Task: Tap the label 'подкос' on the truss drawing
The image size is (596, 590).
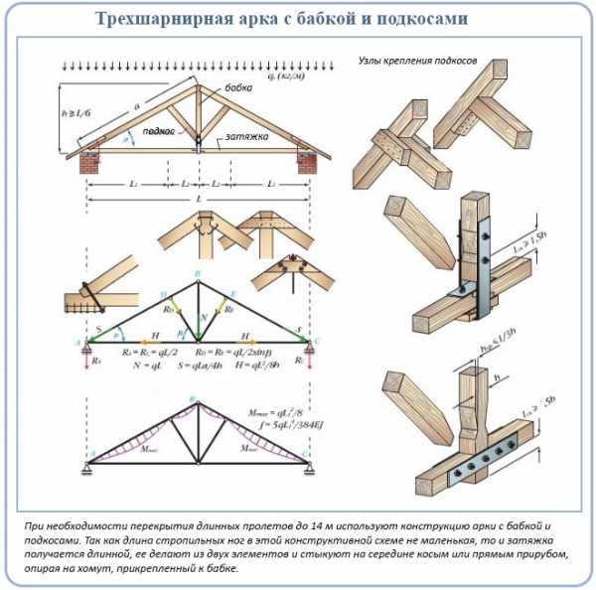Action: pyautogui.click(x=159, y=130)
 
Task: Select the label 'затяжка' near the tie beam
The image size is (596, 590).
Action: pyautogui.click(x=246, y=138)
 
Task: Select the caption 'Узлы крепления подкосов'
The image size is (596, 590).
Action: pyautogui.click(x=418, y=61)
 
